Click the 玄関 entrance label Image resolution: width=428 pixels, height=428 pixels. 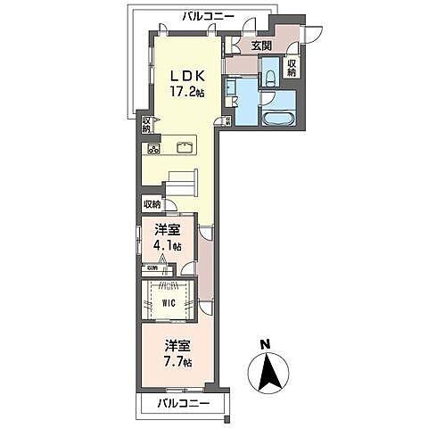[x=259, y=46]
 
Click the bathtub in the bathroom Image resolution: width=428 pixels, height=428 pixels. [x=279, y=119]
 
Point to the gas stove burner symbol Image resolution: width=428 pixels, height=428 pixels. [x=153, y=148]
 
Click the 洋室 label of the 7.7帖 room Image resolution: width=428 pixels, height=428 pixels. [x=176, y=344]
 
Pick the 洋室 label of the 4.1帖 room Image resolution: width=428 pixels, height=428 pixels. [x=167, y=229]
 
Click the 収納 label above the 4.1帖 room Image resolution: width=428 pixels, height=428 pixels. [x=152, y=204]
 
